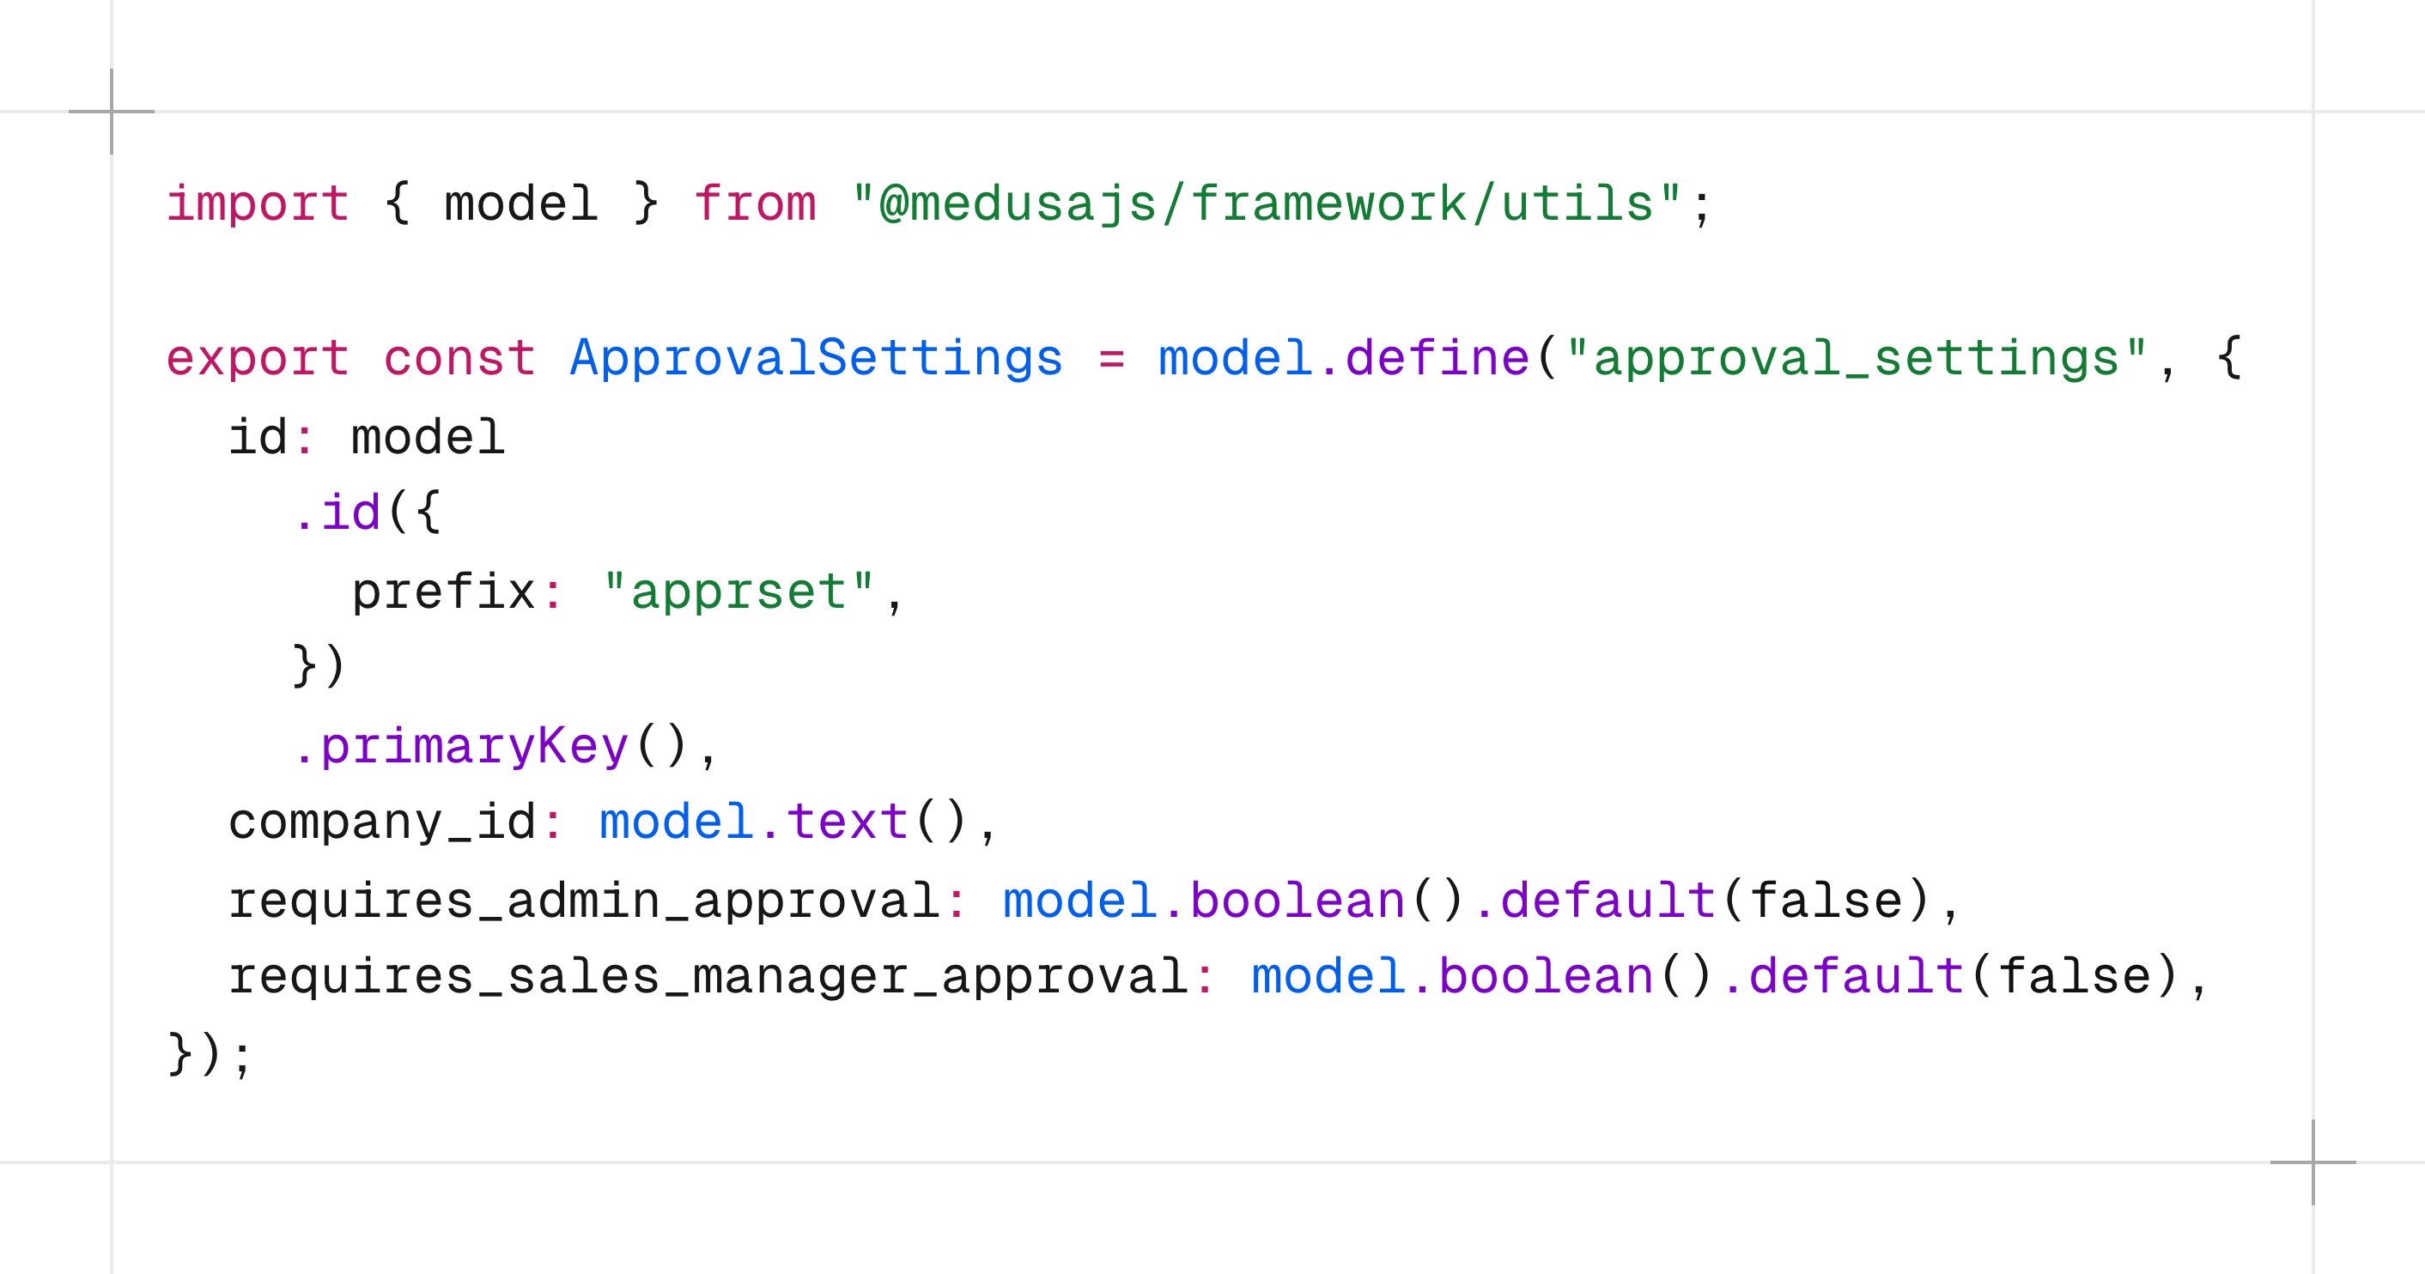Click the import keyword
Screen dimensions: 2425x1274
tap(258, 204)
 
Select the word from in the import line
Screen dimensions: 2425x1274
tap(755, 204)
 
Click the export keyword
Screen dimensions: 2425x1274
tap(258, 360)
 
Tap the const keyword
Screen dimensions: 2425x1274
tap(459, 359)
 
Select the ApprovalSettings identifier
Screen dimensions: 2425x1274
tap(816, 359)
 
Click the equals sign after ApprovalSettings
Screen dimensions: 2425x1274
tap(1112, 360)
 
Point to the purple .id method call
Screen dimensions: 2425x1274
tap(336, 513)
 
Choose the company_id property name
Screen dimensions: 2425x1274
tap(382, 822)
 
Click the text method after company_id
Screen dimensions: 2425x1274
tap(848, 822)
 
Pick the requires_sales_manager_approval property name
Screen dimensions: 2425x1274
tap(708, 977)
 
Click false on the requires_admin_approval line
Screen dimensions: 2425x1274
tap(1826, 901)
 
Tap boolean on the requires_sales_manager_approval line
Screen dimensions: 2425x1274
tap(1547, 976)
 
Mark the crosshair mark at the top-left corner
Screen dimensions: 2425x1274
tap(112, 112)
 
